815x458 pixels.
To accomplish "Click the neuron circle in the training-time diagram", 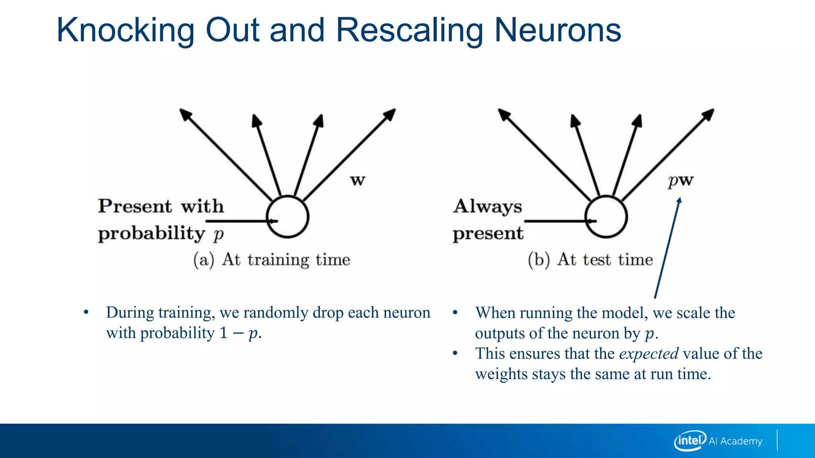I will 287,217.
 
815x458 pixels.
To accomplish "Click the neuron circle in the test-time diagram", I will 606,217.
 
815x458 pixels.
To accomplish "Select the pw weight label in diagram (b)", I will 680,181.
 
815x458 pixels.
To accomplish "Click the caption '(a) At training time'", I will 272,260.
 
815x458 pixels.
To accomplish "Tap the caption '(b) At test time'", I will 591,260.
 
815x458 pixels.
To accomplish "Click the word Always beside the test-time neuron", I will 487,207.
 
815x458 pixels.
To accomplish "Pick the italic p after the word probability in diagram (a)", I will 218,235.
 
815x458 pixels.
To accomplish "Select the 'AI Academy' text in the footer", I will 735,441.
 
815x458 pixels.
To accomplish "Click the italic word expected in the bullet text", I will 649,353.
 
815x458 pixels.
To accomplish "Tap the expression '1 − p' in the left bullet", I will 238,333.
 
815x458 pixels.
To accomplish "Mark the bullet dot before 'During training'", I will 86,312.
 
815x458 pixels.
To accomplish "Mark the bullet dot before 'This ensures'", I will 455,353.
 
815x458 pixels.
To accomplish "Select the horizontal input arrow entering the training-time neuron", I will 239,221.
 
